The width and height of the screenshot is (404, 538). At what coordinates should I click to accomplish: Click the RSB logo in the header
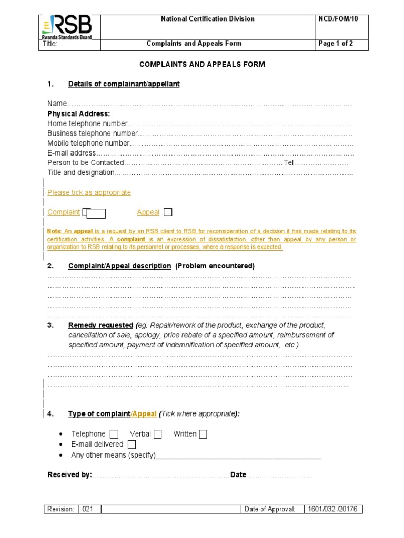pyautogui.click(x=67, y=26)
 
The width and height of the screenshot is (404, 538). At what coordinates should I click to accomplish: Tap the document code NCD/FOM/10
pyautogui.click(x=336, y=19)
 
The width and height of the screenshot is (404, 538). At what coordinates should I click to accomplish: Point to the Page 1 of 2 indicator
pyautogui.click(x=336, y=44)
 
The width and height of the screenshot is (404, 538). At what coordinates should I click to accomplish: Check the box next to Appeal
pyautogui.click(x=168, y=212)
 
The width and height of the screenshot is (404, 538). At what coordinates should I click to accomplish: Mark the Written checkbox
pyautogui.click(x=203, y=434)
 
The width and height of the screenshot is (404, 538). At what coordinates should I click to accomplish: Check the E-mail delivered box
pyautogui.click(x=132, y=444)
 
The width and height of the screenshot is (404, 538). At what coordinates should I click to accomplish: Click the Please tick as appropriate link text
pyautogui.click(x=89, y=193)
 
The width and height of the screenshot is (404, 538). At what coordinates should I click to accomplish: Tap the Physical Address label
pyautogui.click(x=79, y=113)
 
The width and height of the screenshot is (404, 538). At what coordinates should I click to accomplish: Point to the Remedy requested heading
pyautogui.click(x=100, y=325)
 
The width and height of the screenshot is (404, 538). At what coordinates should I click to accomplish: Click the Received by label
pyautogui.click(x=69, y=475)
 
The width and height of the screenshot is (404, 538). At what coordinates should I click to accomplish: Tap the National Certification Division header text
pyautogui.click(x=207, y=19)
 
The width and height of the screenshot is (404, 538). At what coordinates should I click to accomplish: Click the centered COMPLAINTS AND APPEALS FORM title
pyautogui.click(x=202, y=64)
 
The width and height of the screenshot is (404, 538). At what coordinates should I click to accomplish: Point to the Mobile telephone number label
pyautogui.click(x=88, y=143)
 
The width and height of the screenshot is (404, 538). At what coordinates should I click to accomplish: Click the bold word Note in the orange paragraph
pyautogui.click(x=54, y=231)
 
